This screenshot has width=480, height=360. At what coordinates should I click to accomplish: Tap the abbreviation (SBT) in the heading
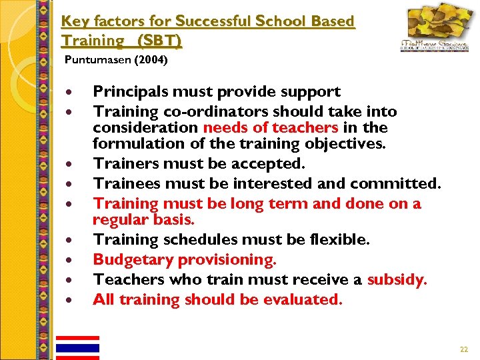tap(159, 41)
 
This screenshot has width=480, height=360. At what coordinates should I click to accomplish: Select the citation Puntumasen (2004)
tap(116, 61)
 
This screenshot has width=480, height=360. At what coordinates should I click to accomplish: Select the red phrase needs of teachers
tap(271, 127)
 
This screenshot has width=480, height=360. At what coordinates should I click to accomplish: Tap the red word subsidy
tap(397, 279)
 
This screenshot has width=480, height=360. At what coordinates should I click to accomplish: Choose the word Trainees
tap(125, 183)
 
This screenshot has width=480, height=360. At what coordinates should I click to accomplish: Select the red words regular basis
tap(143, 219)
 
